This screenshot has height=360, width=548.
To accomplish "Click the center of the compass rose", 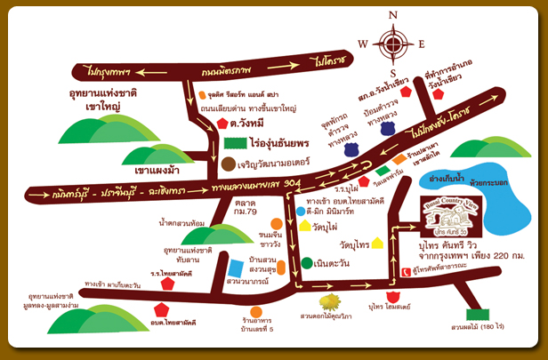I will (391, 43).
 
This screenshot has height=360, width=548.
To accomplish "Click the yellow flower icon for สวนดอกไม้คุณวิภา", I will (331, 301).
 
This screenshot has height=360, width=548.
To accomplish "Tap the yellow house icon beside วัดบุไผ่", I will (306, 226).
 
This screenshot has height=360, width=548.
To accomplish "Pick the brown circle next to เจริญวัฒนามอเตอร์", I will (229, 164).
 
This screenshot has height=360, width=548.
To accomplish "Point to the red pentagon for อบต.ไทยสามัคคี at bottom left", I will (161, 310).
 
